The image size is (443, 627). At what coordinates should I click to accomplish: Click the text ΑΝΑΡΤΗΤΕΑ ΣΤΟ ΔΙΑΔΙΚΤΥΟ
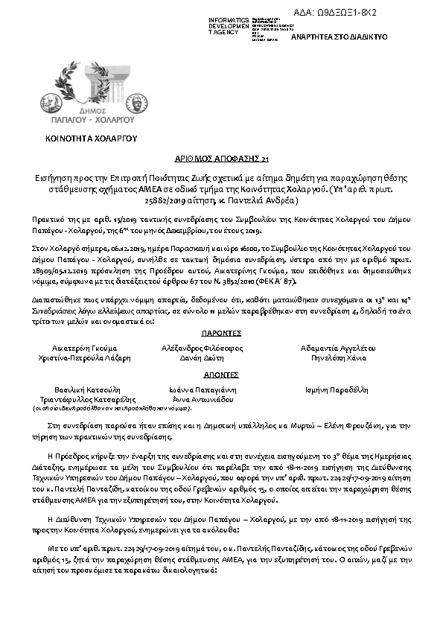coord(334,36)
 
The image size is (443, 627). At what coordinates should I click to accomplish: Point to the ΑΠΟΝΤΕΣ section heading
coord(220,375)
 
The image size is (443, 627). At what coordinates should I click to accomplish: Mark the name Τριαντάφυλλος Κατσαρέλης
coord(84,399)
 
